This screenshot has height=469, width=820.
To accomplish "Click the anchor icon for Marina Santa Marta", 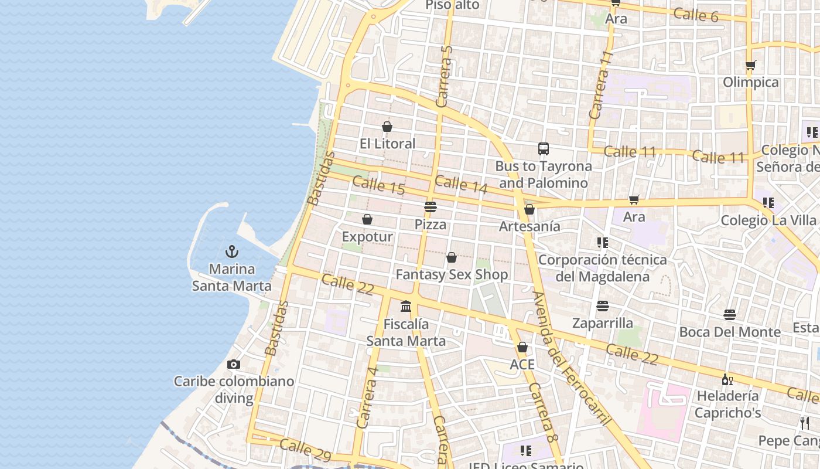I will pos(232,252).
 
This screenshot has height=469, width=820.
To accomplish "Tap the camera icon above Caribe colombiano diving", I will pos(234,364).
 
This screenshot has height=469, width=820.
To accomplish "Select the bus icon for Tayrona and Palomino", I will pos(544,149).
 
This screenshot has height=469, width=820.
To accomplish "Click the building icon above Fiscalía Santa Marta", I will pos(406,306).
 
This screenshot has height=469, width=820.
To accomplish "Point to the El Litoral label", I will pos(387,144).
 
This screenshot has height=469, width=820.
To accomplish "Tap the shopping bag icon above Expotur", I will pos(367,219).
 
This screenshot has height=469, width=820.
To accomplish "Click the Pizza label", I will pos(430,225).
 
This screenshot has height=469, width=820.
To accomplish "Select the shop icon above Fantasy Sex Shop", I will pos(452,257).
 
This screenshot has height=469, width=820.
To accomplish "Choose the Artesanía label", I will pos(529,226).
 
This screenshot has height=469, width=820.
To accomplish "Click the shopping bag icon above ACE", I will pos(522,347).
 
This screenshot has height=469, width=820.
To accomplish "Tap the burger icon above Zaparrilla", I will pos(603,305).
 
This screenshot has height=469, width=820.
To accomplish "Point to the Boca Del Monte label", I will pos(730,332).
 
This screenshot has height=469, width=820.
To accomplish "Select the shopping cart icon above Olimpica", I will pos(751,65).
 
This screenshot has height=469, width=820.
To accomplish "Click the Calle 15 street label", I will pos(379,186).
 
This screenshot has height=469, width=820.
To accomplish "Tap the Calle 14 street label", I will pos(462,184).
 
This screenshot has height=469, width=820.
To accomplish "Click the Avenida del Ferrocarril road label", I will pos(571,358).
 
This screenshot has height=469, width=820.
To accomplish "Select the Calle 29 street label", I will pos(305,450).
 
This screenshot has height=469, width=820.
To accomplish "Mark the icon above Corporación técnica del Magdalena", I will pos(602,242).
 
